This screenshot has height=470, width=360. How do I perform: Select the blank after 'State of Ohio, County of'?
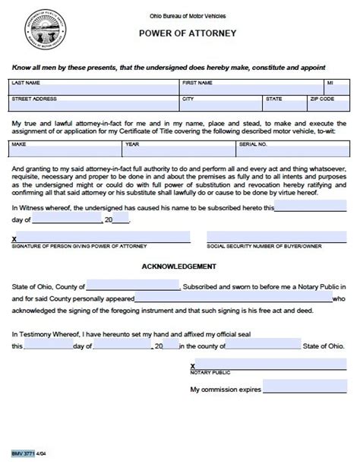[134, 286]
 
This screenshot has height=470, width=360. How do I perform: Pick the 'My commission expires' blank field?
[305, 389]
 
